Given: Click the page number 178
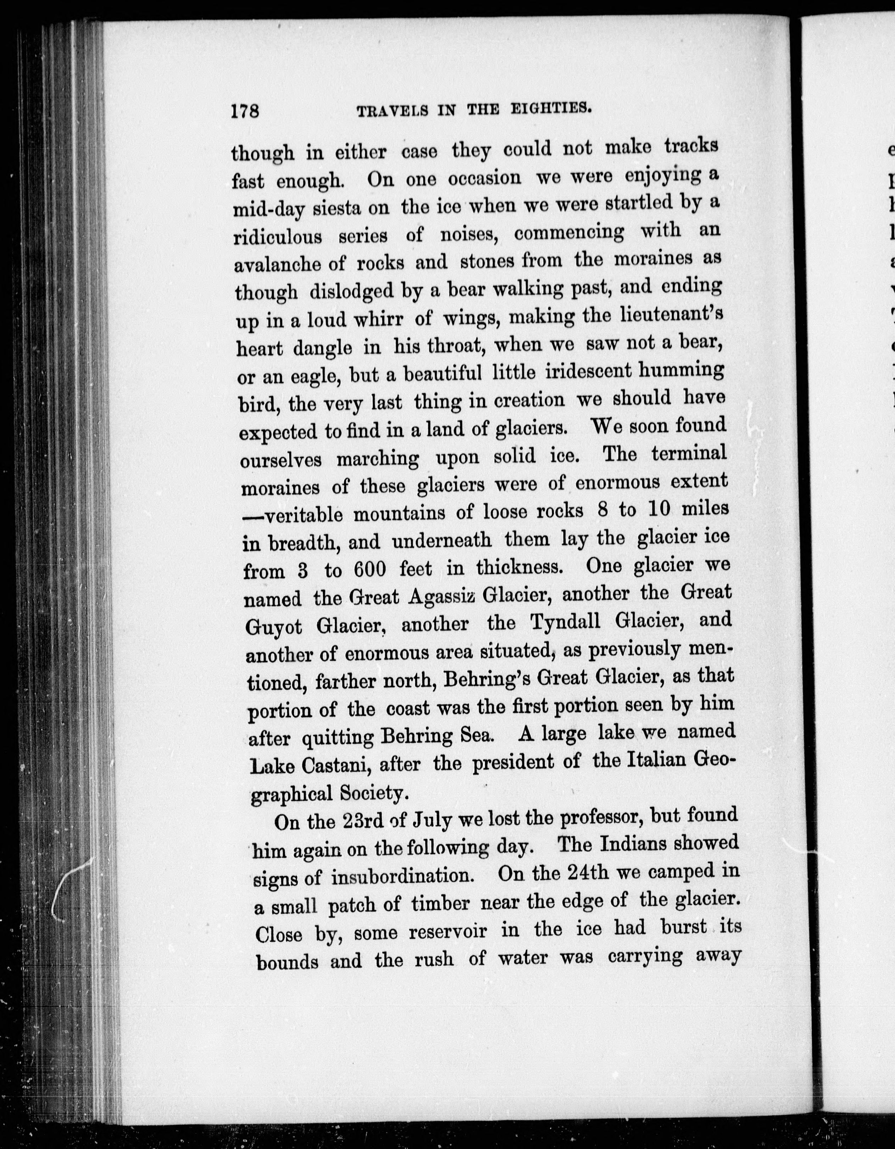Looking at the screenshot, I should [245, 111].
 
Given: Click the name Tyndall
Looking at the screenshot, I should [566, 622].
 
